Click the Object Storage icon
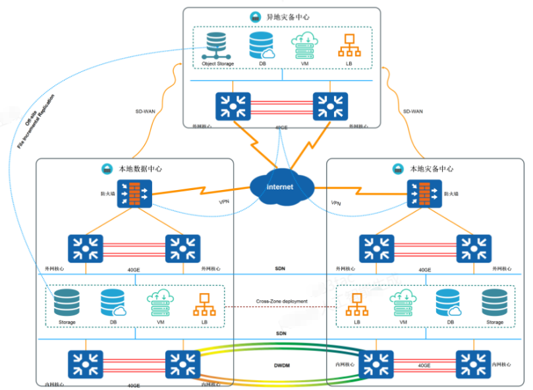tap(217, 46)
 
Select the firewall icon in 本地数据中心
tap(134, 194)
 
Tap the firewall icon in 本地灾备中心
tap(424, 194)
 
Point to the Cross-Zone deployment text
tap(281, 302)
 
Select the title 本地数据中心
tap(140, 169)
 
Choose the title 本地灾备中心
tap(432, 169)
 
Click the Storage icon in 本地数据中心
tap(67, 303)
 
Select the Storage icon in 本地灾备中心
tap(494, 303)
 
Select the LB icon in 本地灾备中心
tap(357, 304)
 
